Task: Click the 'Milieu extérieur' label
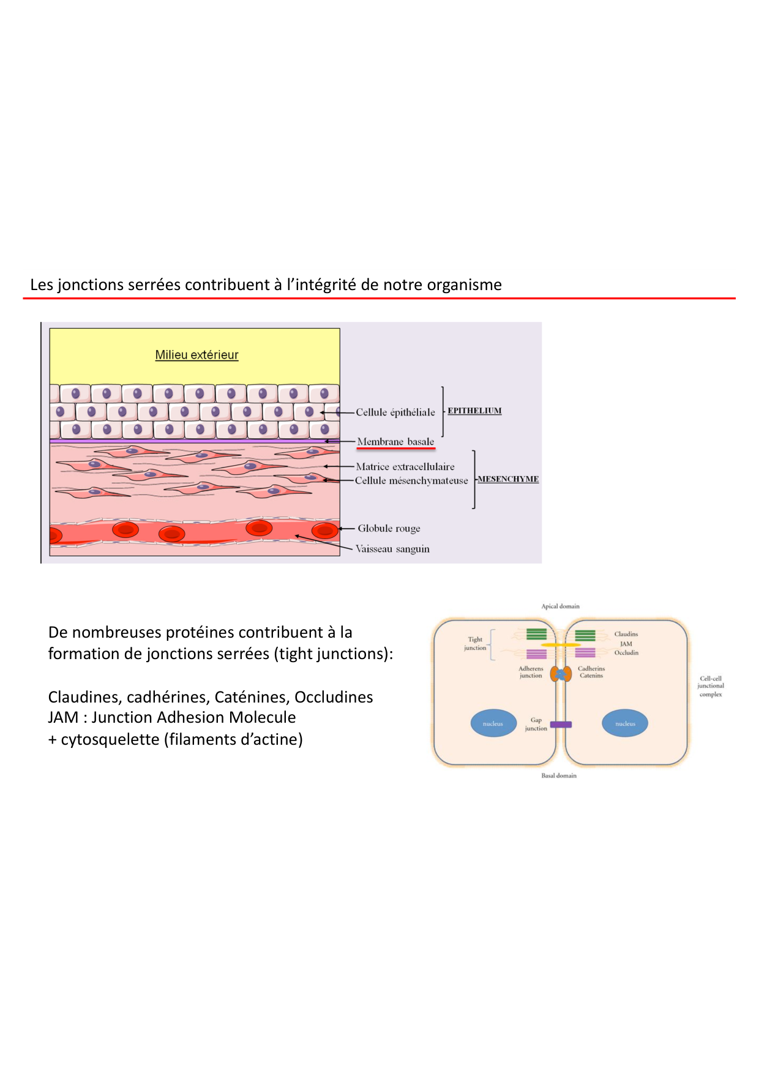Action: click(196, 355)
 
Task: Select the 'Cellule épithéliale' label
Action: click(395, 412)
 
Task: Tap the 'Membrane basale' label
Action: click(395, 442)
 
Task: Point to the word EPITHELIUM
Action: click(474, 411)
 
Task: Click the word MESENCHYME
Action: click(508, 479)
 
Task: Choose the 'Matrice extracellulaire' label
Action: click(405, 467)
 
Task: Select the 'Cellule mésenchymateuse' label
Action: click(411, 481)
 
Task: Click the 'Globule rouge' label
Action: click(389, 529)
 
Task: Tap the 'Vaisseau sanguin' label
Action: click(392, 549)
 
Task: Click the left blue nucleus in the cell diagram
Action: click(493, 723)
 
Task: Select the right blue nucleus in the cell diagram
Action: click(625, 723)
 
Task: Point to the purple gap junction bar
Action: click(561, 725)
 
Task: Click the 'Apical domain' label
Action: click(560, 606)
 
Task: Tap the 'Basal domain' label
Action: click(559, 776)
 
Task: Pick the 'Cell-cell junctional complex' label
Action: click(711, 687)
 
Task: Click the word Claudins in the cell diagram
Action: click(626, 634)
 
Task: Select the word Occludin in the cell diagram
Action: click(626, 653)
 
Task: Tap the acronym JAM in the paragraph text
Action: click(63, 718)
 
